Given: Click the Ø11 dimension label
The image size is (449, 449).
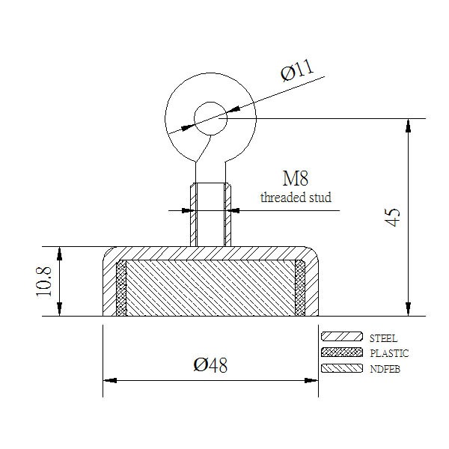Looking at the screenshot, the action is tap(297, 70).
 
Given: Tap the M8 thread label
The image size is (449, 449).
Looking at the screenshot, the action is tap(296, 178).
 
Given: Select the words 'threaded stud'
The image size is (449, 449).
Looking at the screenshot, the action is tap(296, 198).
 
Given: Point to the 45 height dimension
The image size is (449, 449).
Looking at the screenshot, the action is tap(391, 217).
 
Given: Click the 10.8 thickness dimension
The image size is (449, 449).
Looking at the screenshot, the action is tap(43, 281).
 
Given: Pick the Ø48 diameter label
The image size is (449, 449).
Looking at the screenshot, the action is tap(210, 365).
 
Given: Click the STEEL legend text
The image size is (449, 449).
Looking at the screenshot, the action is tap(383, 338).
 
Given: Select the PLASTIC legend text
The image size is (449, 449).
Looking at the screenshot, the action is tap(389, 353).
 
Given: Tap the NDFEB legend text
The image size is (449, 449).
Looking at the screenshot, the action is tap(385, 369).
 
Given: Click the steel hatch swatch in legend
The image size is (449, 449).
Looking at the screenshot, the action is tap(342, 337).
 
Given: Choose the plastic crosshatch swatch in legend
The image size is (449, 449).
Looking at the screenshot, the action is tap(342, 352).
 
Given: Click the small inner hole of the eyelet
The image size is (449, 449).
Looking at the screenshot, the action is tap(210, 118).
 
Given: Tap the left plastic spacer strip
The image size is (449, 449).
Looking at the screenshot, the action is tap(121, 288).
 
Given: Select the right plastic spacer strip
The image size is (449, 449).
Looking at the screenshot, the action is tap(300, 288).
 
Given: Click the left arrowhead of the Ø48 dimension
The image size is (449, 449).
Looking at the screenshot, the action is tap(110, 381).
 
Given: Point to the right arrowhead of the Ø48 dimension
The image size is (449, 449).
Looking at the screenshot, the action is tap(311, 381).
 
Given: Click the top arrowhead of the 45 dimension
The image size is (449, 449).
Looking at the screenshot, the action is tap(409, 126).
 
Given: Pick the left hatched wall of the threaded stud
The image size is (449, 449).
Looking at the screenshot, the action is tap(194, 215).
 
